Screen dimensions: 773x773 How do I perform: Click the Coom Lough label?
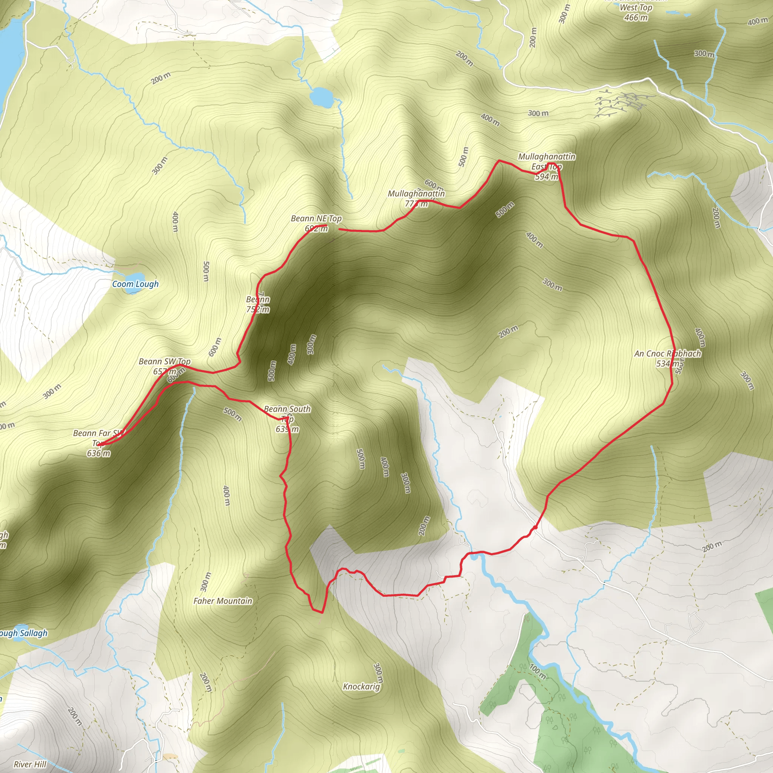pyautogui.click(x=135, y=284)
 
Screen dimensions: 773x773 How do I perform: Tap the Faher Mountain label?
pyautogui.click(x=223, y=601)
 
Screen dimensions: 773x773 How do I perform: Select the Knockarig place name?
pyautogui.click(x=361, y=687)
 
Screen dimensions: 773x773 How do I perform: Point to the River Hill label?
pyautogui.click(x=30, y=764)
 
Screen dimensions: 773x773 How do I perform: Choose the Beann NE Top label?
pyautogui.click(x=316, y=219)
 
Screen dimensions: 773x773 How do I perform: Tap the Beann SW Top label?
pyautogui.click(x=165, y=362)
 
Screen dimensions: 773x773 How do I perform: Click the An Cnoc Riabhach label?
pyautogui.click(x=667, y=354)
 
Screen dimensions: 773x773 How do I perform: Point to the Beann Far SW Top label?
pyautogui.click(x=99, y=438)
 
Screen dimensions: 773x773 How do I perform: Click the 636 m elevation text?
pyautogui.click(x=99, y=453)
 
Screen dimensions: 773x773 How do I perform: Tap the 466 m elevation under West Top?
pyautogui.click(x=636, y=18)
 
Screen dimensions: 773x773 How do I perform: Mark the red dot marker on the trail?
pyautogui.click(x=535, y=528)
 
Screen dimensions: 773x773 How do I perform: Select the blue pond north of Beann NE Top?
pyautogui.click(x=321, y=96)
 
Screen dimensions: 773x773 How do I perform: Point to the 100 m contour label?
pyautogui.click(x=537, y=671)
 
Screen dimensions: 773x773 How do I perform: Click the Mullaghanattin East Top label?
pyautogui.click(x=547, y=161)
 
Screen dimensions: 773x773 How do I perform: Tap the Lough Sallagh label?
pyautogui.click(x=23, y=633)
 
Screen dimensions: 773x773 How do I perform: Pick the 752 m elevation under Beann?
pyautogui.click(x=258, y=310)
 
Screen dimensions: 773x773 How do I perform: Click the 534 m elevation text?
pyautogui.click(x=667, y=364)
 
